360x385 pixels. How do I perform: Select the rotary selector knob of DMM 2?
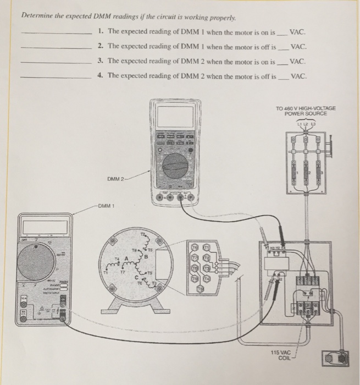(175, 165)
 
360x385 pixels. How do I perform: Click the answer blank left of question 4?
(55, 76)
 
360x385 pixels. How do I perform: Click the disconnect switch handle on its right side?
(329, 148)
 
